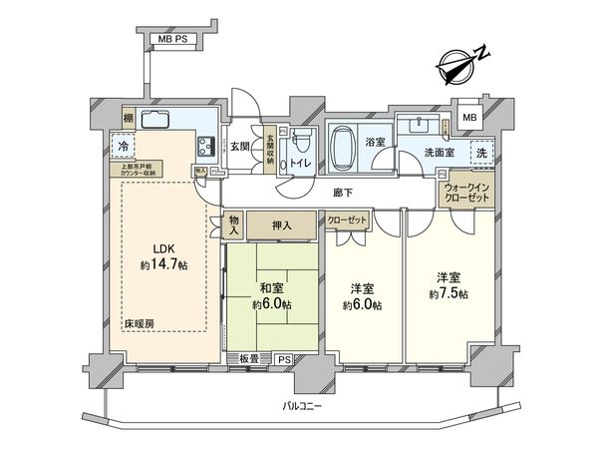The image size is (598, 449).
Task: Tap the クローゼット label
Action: (346, 220)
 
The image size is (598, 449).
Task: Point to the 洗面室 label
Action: (441, 154)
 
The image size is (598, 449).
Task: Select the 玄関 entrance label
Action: (241, 147)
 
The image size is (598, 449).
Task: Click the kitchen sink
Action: (160, 121)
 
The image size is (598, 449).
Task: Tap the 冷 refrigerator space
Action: (123, 145)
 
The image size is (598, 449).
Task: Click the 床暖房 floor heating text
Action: (140, 324)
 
